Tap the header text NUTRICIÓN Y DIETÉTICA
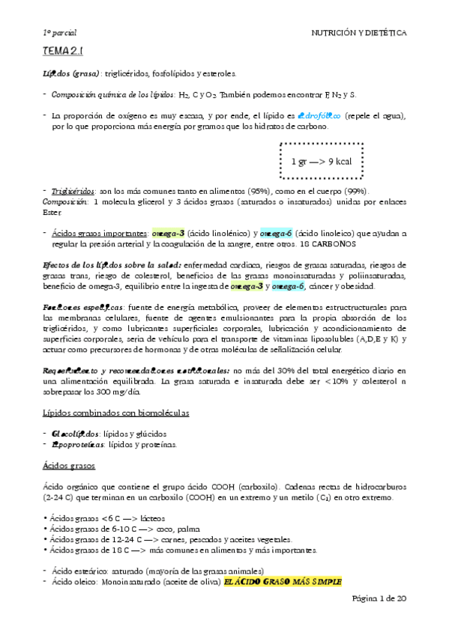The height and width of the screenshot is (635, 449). coord(359,33)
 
